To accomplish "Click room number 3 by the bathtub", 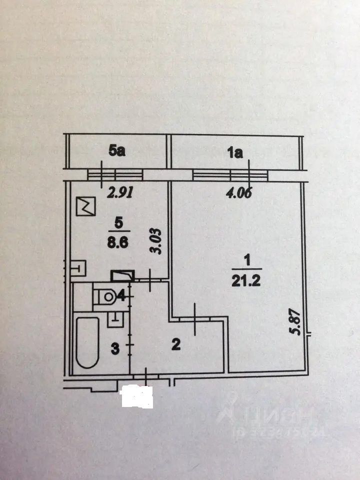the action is (114, 348).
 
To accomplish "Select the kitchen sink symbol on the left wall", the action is (78, 269).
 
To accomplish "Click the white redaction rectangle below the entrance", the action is (137, 396).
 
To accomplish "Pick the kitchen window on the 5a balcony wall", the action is (115, 174).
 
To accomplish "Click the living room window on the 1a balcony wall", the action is (230, 174).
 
